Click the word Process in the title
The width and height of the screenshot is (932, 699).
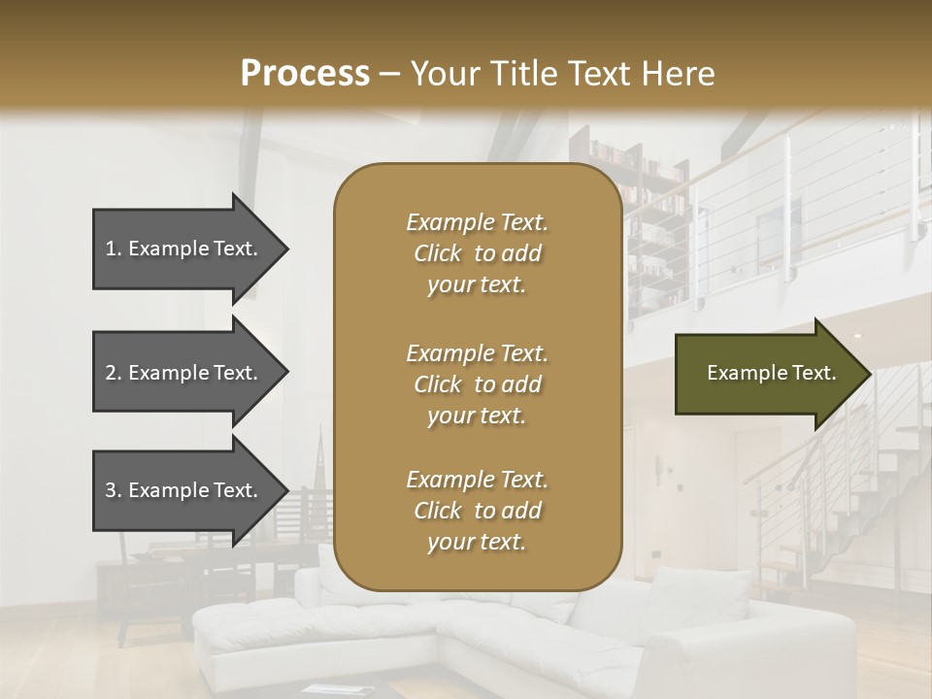tap(305, 73)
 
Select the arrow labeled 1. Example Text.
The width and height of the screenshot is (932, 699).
tap(184, 249)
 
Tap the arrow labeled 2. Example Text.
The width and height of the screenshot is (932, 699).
tap(184, 373)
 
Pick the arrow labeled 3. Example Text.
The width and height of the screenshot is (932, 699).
tap(184, 490)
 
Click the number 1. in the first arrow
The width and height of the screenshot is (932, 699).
tap(113, 249)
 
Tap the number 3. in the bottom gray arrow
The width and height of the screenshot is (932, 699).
tap(113, 490)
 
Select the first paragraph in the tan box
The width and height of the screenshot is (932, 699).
tap(477, 253)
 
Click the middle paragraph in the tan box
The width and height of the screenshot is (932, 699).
tap(477, 384)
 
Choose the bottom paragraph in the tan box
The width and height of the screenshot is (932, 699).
tap(477, 511)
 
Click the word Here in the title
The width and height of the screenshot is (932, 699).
tap(679, 73)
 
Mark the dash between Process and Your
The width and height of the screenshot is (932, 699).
tap(390, 74)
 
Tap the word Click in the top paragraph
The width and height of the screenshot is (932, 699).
tap(438, 253)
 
